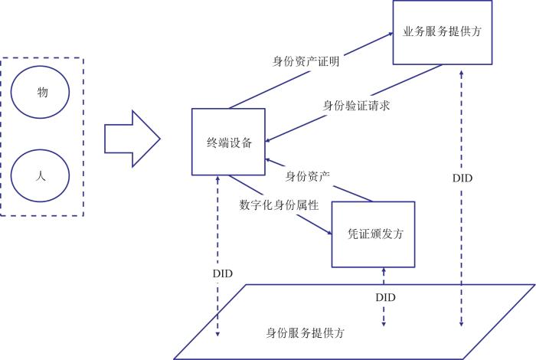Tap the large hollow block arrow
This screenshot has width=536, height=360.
(x=131, y=139)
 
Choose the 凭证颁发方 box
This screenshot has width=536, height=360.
(x=373, y=234)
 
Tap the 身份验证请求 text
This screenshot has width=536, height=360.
(x=357, y=106)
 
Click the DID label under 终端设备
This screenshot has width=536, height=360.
(x=221, y=273)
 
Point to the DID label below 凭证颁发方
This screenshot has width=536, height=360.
(x=386, y=295)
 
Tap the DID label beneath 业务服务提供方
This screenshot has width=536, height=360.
(x=462, y=178)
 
